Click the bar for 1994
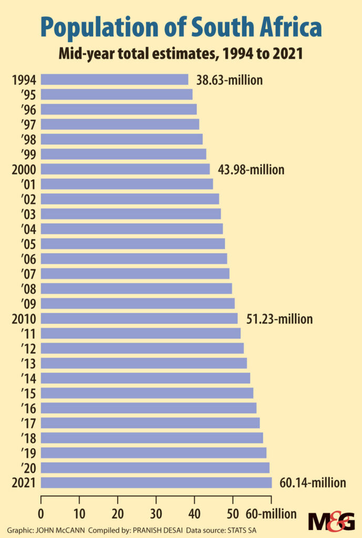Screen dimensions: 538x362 [114, 80]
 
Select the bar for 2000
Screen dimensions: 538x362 [125, 169]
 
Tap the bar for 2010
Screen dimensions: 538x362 [139, 318]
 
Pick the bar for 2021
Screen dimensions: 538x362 [156, 482]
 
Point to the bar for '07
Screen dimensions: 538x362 [135, 274]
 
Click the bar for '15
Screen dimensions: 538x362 [147, 393]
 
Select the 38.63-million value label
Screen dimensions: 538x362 [229, 80]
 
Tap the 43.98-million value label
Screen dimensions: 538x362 [251, 170]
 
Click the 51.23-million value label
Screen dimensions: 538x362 [279, 319]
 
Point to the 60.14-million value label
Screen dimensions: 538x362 [313, 483]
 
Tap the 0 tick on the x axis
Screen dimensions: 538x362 [40, 514]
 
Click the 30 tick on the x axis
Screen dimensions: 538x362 [156, 514]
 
